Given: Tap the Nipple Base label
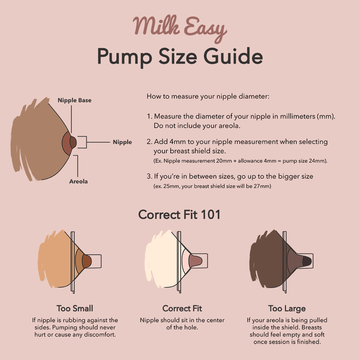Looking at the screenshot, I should (x=74, y=100).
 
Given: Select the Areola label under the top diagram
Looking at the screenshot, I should (x=78, y=182).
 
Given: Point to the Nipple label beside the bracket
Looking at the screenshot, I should (x=122, y=142).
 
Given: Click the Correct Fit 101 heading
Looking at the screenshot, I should (x=180, y=215).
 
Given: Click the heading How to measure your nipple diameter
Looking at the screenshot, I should (x=208, y=97).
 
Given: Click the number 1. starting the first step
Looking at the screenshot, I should (x=149, y=117).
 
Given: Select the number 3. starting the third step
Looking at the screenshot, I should (x=149, y=176).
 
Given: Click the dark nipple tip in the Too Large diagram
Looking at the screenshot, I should (x=306, y=261).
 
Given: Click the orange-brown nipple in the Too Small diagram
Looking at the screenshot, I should (x=87, y=261).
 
